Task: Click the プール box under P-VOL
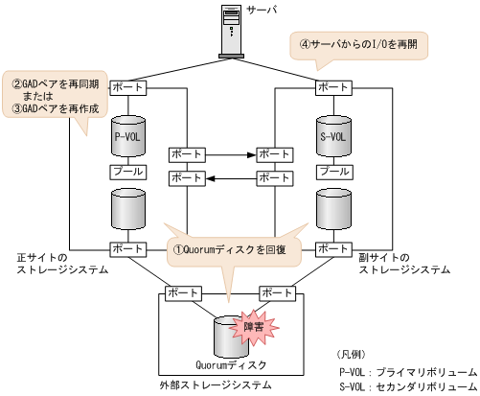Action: coord(127,172)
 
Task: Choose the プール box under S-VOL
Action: coord(333,172)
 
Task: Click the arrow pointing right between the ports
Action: coord(231,153)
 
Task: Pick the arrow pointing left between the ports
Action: coord(231,177)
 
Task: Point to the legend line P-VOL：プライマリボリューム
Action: coord(406,370)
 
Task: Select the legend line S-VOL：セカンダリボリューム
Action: coord(406,385)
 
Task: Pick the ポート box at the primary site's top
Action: coord(127,87)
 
